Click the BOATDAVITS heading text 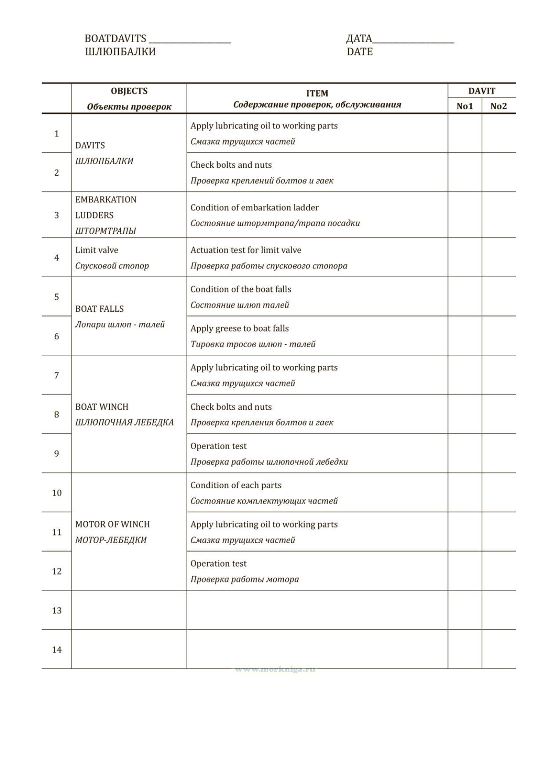115,39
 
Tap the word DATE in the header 359,52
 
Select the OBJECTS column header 129,91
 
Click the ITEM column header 317,93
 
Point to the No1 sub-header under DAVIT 465,106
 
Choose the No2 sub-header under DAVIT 498,106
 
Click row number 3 57,215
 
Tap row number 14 57,650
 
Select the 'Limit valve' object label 97,250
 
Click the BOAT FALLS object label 99,309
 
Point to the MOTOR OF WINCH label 112,524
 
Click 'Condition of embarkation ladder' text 254,207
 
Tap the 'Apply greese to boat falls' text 239,328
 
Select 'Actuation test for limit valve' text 246,250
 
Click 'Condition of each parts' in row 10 236,485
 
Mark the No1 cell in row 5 465,296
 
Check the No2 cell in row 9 498,453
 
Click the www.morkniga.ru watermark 275,669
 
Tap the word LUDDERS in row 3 94,215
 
